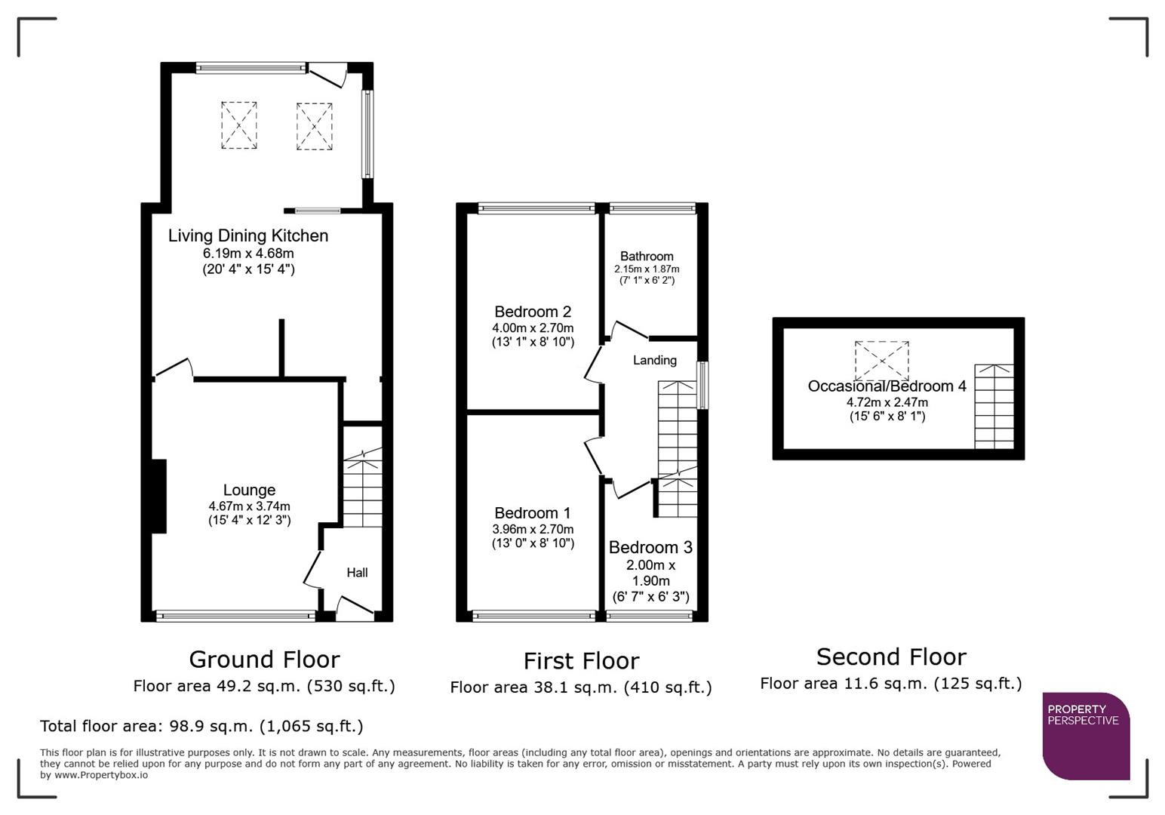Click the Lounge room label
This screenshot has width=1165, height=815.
[x=249, y=491]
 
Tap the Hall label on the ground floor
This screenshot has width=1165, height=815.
[x=357, y=573]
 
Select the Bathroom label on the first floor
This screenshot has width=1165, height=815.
[x=647, y=257]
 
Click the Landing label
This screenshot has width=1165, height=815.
[x=654, y=361]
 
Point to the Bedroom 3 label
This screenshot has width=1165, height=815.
[x=650, y=548]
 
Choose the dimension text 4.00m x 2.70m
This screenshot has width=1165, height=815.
[x=533, y=328]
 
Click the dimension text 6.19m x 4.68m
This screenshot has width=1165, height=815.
[x=248, y=254]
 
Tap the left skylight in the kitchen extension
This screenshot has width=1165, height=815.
[x=238, y=125]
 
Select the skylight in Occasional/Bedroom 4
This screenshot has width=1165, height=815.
[x=881, y=360]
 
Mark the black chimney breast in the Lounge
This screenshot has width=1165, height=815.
[x=158, y=496]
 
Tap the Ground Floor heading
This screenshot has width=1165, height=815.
[x=264, y=660]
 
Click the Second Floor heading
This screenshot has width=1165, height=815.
[x=891, y=657]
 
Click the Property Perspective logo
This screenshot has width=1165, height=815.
[x=1085, y=735]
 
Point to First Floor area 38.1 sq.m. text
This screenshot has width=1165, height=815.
[x=580, y=687]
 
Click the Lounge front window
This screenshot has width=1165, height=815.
[x=235, y=616]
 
